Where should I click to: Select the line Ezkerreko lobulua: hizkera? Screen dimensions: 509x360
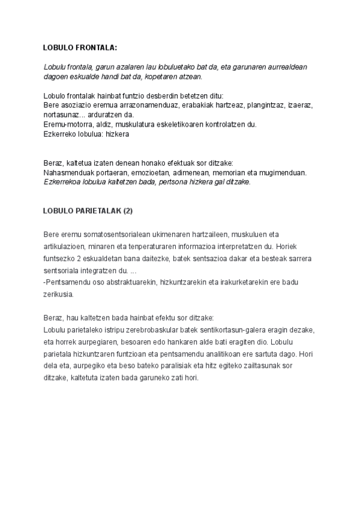click(86, 134)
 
